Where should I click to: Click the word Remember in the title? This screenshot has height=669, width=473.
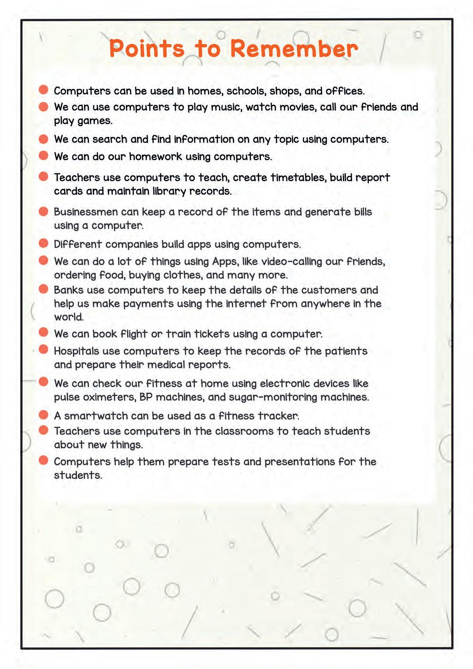[x=294, y=49]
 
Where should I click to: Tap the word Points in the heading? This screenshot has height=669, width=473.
[x=147, y=49]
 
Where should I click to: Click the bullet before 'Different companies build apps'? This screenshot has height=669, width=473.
[x=43, y=243]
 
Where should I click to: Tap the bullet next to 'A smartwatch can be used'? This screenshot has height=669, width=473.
[x=43, y=415]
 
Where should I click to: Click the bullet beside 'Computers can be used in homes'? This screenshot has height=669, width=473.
[x=43, y=90]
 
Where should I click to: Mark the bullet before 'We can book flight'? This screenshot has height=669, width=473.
[x=43, y=333]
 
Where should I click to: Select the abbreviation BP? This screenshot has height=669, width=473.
[x=146, y=397]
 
